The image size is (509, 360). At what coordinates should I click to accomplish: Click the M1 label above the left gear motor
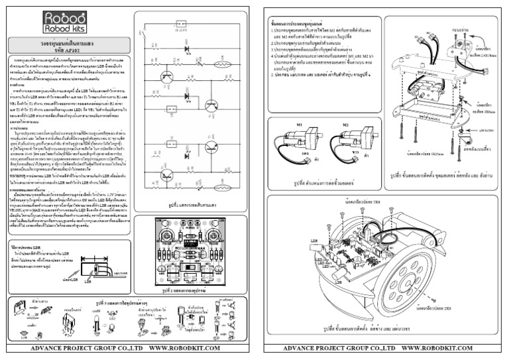(299, 124)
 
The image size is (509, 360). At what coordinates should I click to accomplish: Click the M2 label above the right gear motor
(345, 124)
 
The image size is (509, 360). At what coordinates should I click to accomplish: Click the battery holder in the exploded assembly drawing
(425, 76)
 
